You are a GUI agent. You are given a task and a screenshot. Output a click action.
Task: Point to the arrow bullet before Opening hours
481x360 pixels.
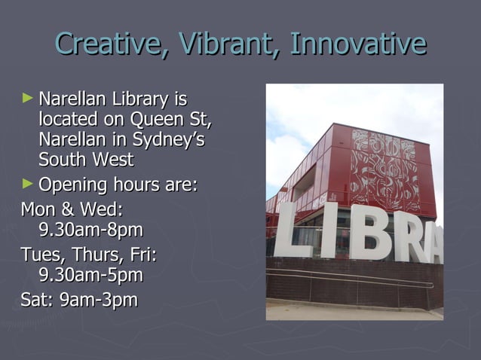pyautogui.click(x=29, y=184)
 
